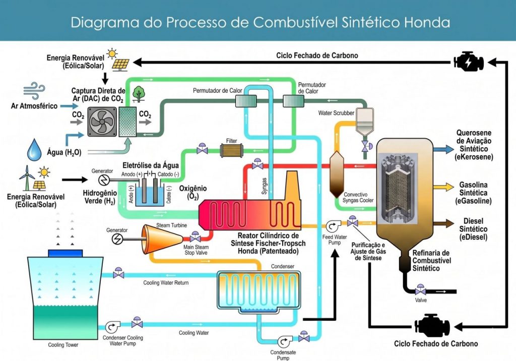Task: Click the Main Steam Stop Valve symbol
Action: pyautogui.click(x=195, y=237)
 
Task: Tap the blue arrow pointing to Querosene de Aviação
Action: pyautogui.click(x=444, y=149)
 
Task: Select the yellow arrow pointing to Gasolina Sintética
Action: pyautogui.click(x=444, y=187)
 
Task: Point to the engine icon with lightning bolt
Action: pyautogui.click(x=469, y=61)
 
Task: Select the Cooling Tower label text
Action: pyautogui.click(x=63, y=345)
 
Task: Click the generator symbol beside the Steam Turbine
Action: pyautogui.click(x=118, y=237)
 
